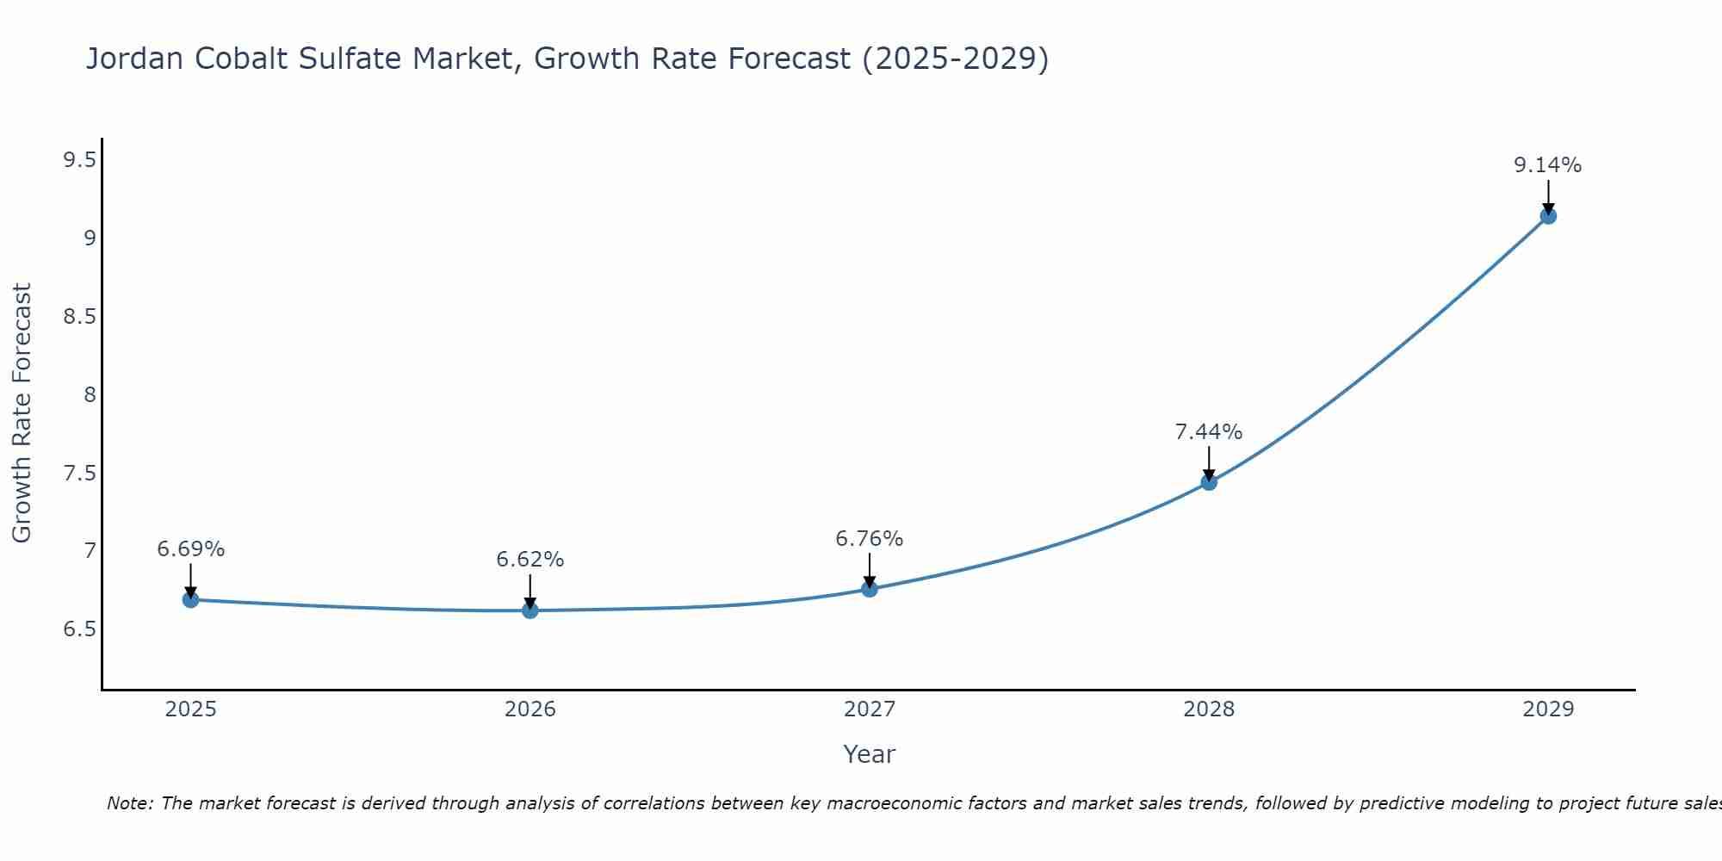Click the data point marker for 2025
point(191,600)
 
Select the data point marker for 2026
point(530,610)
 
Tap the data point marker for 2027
point(870,589)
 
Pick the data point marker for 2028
point(1209,482)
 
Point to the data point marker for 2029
point(1548,216)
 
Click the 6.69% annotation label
point(191,549)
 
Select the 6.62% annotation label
point(530,560)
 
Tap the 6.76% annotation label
point(870,539)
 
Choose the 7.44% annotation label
point(1209,432)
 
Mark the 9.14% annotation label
point(1548,165)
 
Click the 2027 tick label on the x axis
point(870,709)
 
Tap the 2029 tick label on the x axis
point(1548,709)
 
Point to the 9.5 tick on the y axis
point(79,160)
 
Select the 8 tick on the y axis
point(90,395)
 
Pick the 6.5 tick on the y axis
point(79,629)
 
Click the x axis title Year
point(870,754)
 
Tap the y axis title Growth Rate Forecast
point(22,413)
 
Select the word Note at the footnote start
point(129,803)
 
